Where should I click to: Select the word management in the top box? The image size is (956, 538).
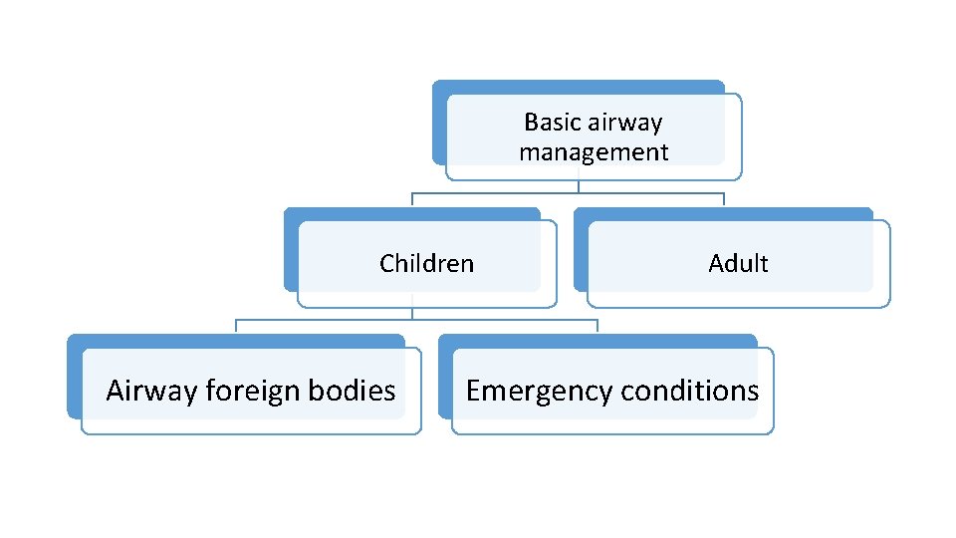coord(594,152)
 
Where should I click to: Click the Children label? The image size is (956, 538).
coord(426,264)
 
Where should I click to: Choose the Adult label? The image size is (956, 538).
coord(738,264)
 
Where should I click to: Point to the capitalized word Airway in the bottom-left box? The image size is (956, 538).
coord(151,391)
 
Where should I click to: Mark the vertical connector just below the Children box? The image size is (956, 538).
coord(412,313)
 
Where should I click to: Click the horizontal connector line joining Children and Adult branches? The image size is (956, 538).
coord(568,193)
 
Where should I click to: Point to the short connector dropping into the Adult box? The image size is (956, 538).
coord(724,199)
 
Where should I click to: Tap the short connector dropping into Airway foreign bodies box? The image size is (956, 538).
coord(236,326)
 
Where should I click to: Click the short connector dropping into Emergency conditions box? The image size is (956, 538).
coord(597,326)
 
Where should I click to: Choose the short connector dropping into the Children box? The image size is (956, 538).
coord(412,199)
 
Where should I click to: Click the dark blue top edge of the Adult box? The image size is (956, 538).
coord(724,213)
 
